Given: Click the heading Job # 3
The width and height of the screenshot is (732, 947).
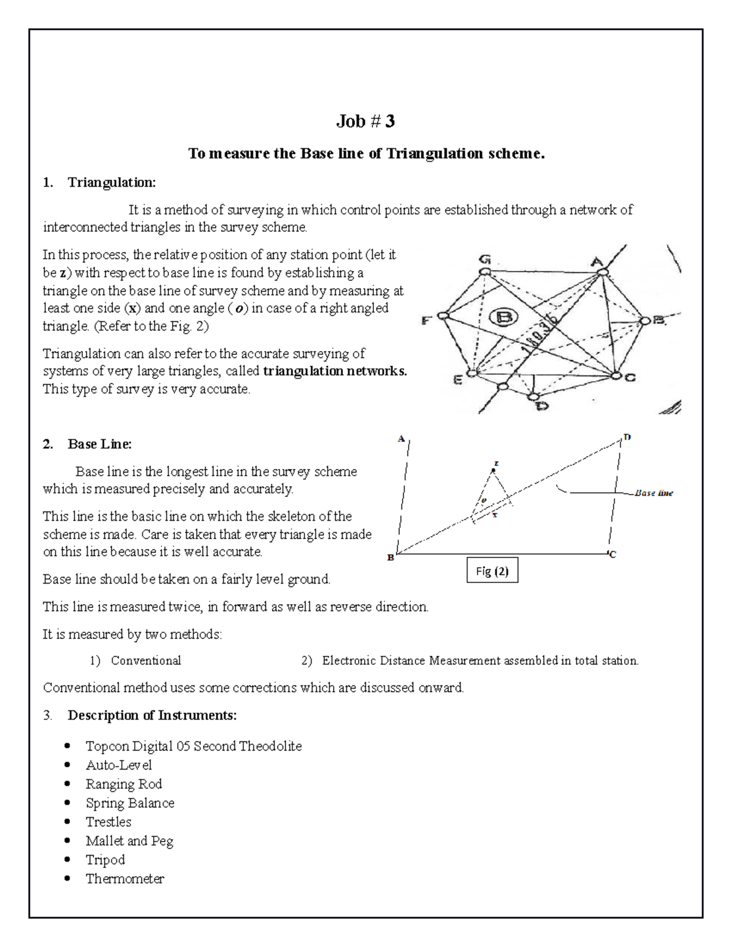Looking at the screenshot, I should point(365,122).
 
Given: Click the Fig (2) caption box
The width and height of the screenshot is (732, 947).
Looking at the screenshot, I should point(492,571).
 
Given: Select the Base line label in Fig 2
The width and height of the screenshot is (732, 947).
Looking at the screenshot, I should point(653,493).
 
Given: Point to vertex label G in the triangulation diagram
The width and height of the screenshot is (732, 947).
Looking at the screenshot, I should point(485,260).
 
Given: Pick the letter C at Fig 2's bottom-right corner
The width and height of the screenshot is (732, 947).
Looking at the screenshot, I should point(612,554).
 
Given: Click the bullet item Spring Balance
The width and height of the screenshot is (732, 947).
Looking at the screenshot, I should point(130,803).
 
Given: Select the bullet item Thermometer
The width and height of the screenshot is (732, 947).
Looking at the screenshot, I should point(125,879).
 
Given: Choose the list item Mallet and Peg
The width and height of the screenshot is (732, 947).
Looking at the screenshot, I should point(129,841).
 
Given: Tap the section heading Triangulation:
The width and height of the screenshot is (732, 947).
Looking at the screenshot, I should point(112,182).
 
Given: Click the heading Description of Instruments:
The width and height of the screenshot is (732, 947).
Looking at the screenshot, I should point(152,715).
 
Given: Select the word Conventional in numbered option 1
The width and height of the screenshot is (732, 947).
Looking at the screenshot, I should point(146,660).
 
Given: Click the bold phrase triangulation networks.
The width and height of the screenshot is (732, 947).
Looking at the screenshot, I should point(334,371).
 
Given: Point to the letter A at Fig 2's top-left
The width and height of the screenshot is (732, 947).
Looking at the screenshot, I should point(401,438).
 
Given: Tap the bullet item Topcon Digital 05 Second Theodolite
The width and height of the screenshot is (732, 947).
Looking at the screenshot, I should point(193,746).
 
